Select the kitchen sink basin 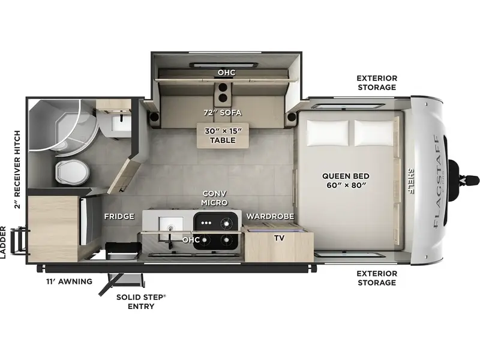coord(171,227)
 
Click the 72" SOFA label coord(223,113)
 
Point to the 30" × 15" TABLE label coord(223,136)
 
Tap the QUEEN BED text coord(346,176)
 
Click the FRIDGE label coord(119,217)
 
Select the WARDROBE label coord(270,217)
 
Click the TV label coord(279,238)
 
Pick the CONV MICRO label coord(214,198)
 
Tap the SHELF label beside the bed coord(410,181)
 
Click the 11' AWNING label coord(69,281)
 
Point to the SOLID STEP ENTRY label coord(141,302)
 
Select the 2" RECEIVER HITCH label coord(17,170)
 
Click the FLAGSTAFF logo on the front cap coord(439,182)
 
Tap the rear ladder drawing coord(19,241)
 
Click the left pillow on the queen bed coord(328,133)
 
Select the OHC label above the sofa coord(227,73)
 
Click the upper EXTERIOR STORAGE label coord(377,83)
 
